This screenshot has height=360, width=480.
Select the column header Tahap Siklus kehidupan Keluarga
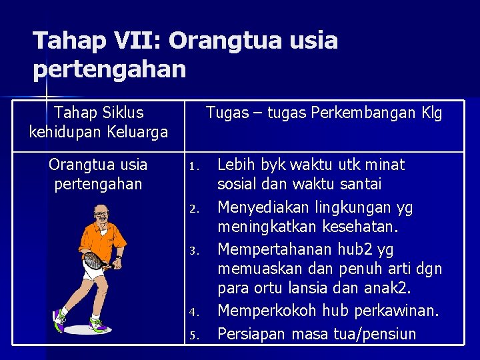click(x=99, y=122)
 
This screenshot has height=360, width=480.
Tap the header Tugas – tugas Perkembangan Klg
click(x=323, y=113)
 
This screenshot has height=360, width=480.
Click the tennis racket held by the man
click(x=94, y=260)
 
